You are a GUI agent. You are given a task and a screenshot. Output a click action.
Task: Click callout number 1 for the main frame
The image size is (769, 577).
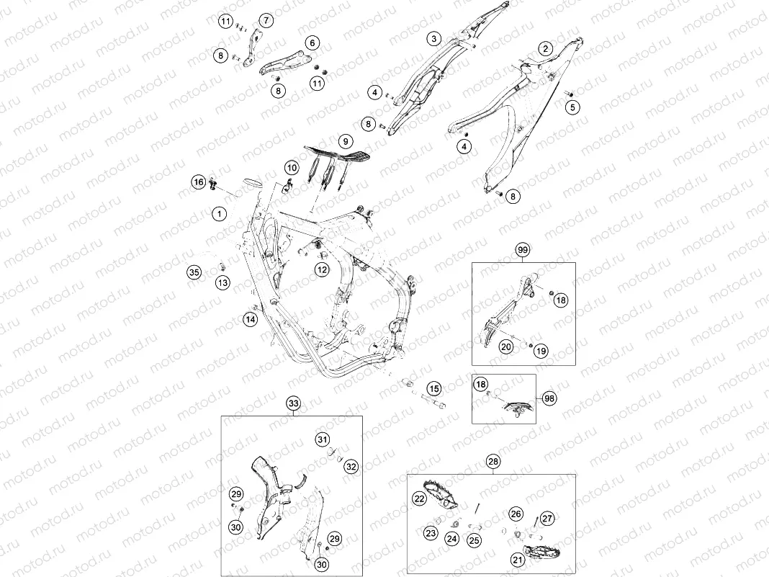[x=219, y=214]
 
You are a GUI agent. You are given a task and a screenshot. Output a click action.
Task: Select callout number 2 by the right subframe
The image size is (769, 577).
[x=545, y=48]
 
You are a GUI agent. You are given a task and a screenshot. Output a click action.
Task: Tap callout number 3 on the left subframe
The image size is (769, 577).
[x=433, y=38]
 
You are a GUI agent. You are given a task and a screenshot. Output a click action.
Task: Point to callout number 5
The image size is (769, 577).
[x=572, y=107]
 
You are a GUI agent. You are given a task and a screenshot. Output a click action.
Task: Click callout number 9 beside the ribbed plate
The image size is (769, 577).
[x=346, y=142]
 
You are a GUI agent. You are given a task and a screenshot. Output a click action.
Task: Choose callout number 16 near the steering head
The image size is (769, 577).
[x=198, y=182]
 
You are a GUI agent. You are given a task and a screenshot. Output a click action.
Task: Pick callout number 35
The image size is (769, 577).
[x=194, y=272]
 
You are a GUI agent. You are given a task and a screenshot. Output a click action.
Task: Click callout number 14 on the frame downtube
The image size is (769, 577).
[x=250, y=320]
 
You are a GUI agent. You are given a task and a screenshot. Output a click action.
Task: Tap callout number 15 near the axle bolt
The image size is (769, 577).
[x=434, y=389]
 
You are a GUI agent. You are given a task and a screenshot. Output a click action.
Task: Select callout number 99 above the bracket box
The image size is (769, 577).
[x=523, y=250]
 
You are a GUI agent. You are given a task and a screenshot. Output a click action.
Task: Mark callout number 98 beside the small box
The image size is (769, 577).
[x=549, y=398]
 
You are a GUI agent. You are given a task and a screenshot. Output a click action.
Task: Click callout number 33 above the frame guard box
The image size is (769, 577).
[x=293, y=403]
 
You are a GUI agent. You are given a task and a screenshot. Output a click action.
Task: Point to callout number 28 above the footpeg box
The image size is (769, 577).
[x=493, y=461]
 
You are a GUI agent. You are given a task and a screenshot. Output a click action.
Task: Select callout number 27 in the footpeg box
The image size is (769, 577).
[x=547, y=518]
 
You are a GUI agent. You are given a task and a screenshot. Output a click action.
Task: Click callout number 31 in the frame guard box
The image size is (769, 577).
[x=322, y=439]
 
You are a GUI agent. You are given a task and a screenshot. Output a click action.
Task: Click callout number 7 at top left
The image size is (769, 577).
[x=266, y=21]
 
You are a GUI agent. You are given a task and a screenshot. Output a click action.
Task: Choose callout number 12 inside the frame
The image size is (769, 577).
[x=322, y=269]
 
